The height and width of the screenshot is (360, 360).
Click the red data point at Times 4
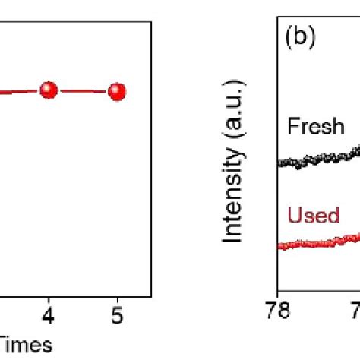click(49, 90)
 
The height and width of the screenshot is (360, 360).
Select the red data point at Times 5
click(116, 92)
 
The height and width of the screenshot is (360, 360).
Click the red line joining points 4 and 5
click(82, 91)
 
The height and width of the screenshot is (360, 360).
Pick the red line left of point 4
click(19, 93)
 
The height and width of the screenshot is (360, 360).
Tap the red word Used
click(313, 216)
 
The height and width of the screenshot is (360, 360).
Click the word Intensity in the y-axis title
click(237, 201)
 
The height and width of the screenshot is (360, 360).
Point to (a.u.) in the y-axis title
click(237, 134)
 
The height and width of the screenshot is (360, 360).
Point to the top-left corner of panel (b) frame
click(278, 17)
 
